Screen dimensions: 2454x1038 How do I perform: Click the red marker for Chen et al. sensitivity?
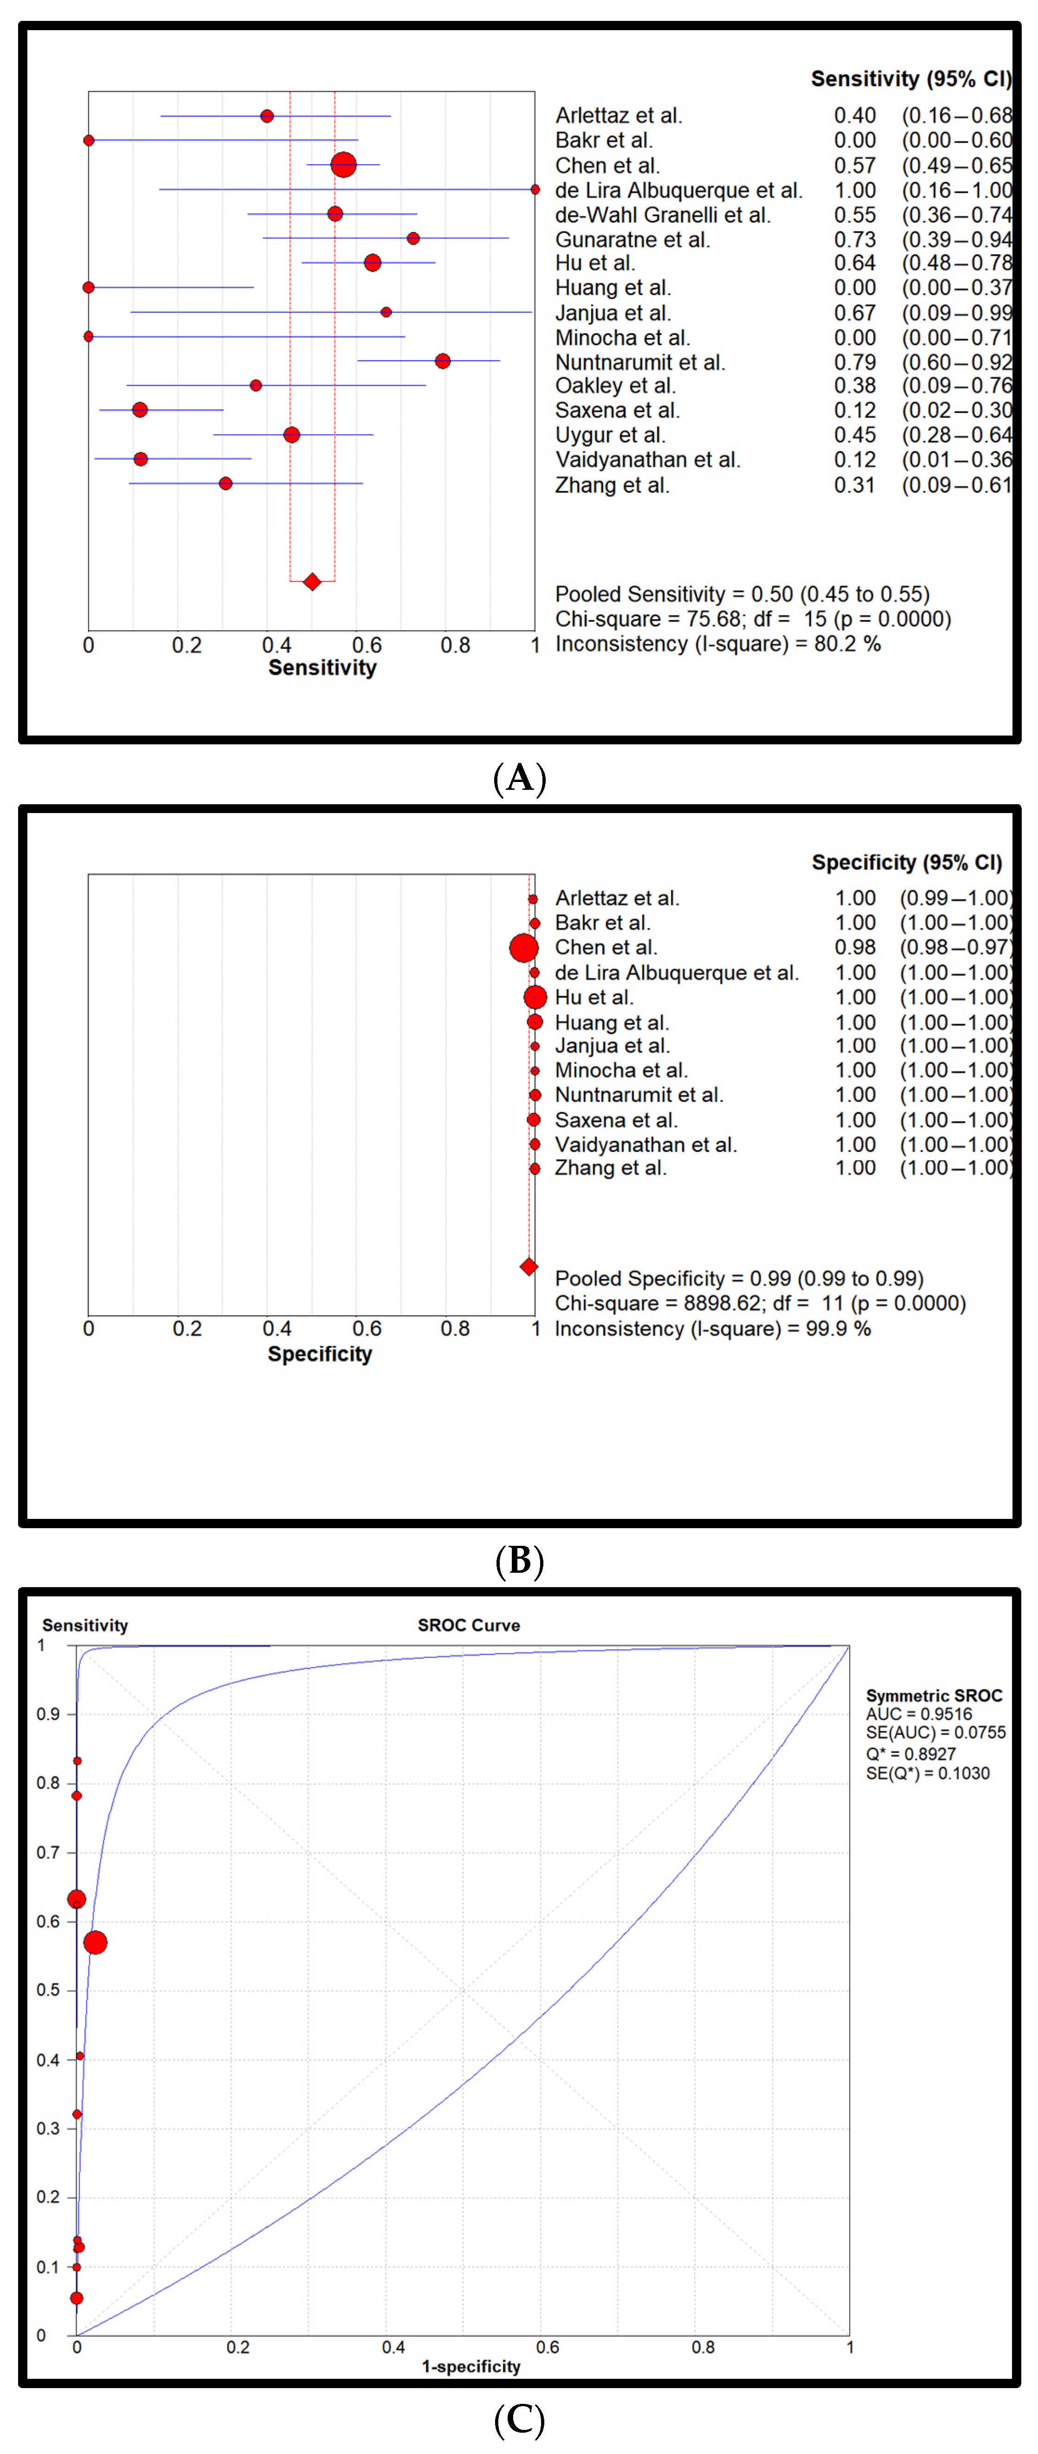(343, 165)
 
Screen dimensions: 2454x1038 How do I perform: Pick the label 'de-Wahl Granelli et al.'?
(663, 215)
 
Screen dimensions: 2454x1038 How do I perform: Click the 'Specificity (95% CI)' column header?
(907, 862)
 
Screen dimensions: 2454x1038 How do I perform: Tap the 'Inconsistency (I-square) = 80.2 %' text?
(718, 644)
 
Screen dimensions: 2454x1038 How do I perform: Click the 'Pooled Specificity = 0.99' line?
(739, 1279)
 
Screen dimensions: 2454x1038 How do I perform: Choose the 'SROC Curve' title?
(469, 1625)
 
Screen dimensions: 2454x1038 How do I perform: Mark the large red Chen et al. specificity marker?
(523, 948)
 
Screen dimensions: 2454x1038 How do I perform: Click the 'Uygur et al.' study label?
(611, 435)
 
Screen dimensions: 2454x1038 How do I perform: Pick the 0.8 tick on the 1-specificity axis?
(703, 2347)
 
